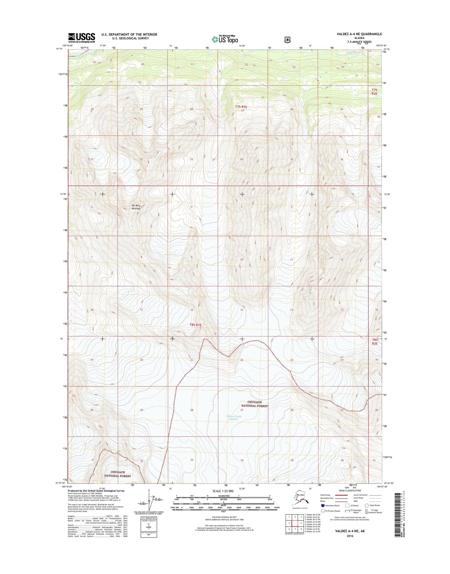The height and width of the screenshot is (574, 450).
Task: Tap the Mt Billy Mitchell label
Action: (x=136, y=207)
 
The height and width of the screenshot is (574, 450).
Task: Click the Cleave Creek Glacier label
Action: (x=234, y=418)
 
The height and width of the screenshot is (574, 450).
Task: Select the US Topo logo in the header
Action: (x=225, y=39)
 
